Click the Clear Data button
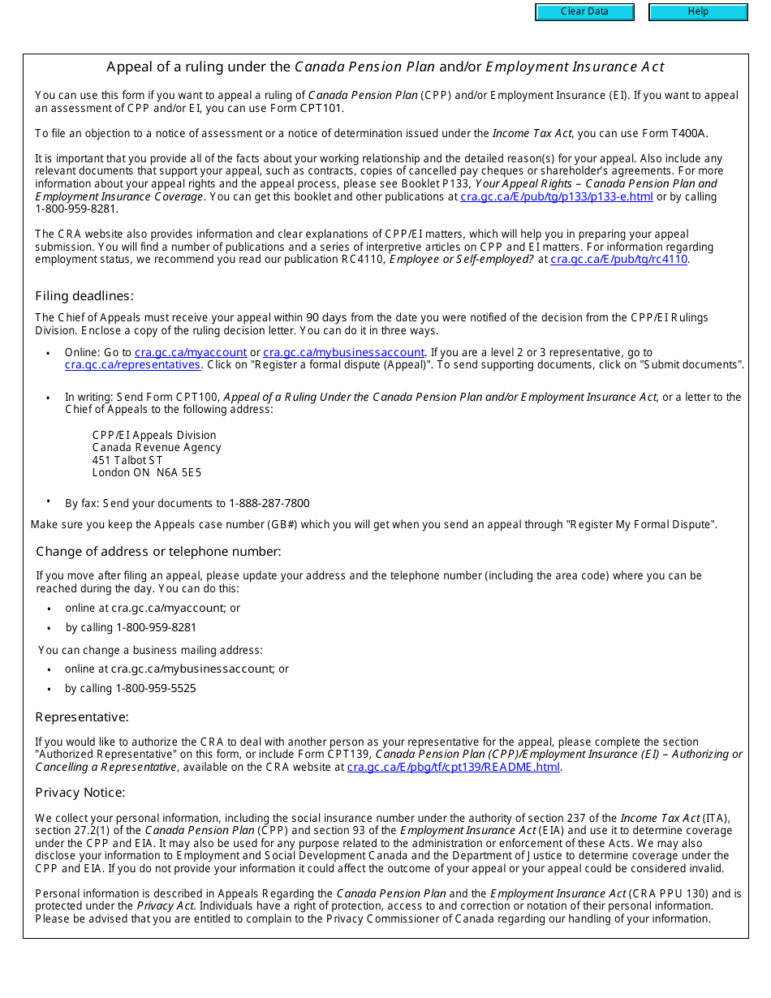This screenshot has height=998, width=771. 584,12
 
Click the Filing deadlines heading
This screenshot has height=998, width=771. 84,296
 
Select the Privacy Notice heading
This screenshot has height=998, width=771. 80,793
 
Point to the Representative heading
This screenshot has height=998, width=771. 82,717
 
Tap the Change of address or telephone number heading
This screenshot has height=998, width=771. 158,552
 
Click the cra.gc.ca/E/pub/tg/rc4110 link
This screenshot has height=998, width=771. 618,260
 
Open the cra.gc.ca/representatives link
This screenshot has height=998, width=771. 132,365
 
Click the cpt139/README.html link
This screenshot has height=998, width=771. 453,767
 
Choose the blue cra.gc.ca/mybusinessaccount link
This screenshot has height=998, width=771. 343,352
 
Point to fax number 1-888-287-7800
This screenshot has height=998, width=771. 269,503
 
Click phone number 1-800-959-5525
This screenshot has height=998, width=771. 156,688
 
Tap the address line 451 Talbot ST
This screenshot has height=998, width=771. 127,460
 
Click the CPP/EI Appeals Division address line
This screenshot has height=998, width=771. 154,435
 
